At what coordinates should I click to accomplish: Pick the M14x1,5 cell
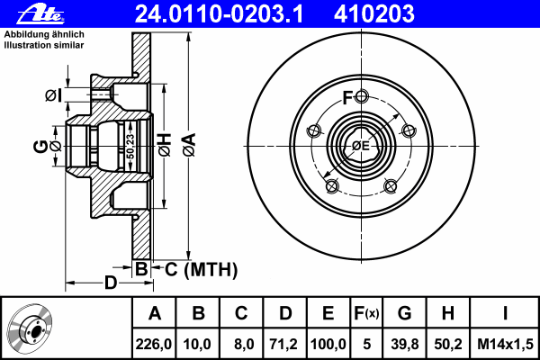pyautogui.click(x=506, y=343)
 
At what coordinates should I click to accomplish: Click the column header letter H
pyautogui.click(x=447, y=313)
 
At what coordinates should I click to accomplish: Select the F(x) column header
pyautogui.click(x=366, y=313)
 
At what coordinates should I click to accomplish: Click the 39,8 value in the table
pyautogui.click(x=405, y=343)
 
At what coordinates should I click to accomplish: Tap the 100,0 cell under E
pyautogui.click(x=328, y=343)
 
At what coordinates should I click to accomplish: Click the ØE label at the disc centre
pyautogui.click(x=361, y=145)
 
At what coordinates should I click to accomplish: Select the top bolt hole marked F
pyautogui.click(x=361, y=97)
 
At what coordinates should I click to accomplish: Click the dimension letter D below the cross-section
pyautogui.click(x=110, y=283)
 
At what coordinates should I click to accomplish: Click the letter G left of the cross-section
pyautogui.click(x=40, y=145)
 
